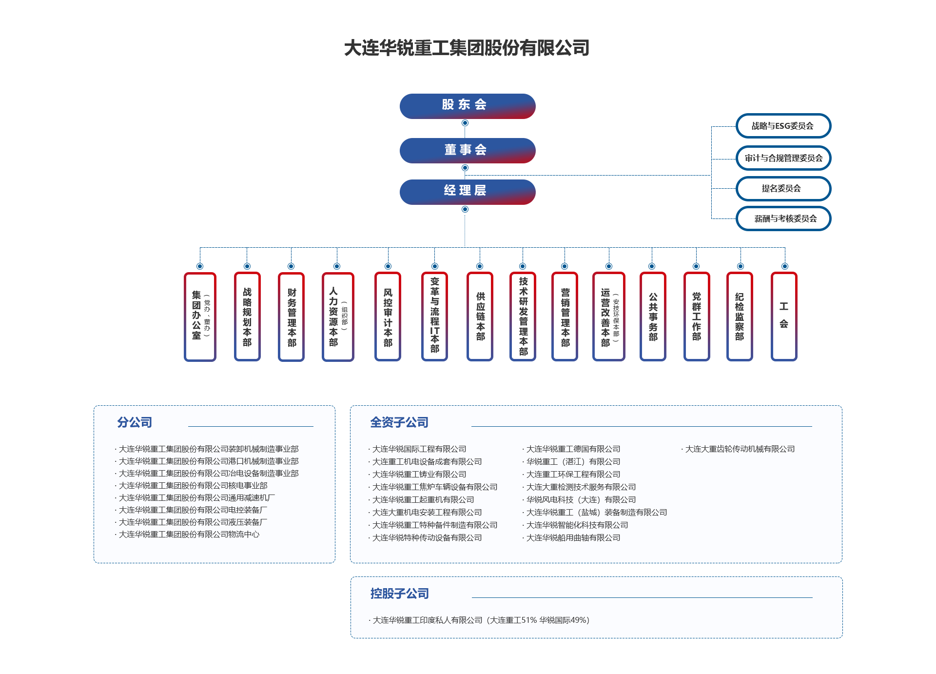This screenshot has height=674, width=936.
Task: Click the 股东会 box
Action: tap(467, 106)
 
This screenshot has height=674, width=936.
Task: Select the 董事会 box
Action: tap(467, 150)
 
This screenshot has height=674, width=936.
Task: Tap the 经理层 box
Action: tap(467, 192)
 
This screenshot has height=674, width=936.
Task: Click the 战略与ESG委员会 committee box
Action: tap(783, 126)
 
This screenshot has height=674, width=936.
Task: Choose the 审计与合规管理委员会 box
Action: tap(783, 158)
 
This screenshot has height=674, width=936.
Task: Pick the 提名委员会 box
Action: tap(783, 189)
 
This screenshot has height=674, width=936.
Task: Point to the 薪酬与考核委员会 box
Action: tap(783, 218)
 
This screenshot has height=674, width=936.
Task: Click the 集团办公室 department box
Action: tap(200, 317)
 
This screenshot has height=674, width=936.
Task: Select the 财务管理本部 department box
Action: tap(292, 317)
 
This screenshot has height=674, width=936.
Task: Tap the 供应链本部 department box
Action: tap(480, 317)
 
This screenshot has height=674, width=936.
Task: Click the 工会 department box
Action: tap(784, 317)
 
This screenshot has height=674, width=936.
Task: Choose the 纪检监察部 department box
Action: tap(740, 317)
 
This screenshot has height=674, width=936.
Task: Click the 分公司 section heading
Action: tap(135, 422)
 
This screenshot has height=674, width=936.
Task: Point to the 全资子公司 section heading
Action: tap(399, 422)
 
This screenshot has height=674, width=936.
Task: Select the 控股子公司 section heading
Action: tap(400, 594)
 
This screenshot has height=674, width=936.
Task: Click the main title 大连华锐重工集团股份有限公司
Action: tap(467, 48)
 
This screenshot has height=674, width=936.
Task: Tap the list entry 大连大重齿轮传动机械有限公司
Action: tap(740, 449)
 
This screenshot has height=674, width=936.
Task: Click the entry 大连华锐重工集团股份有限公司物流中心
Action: tap(189, 535)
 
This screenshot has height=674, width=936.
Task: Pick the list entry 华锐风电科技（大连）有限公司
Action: tap(581, 500)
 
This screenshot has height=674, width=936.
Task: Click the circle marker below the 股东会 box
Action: tap(465, 123)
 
